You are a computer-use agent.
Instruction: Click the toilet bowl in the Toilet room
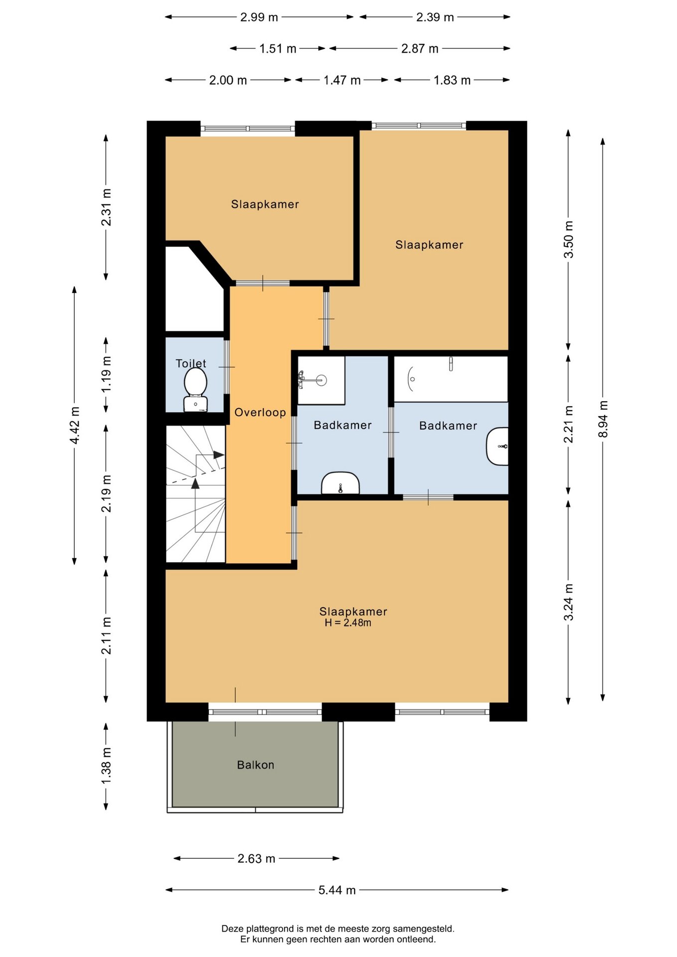[195, 391]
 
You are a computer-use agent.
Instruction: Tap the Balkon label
[256, 765]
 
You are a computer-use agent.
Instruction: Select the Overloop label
[260, 412]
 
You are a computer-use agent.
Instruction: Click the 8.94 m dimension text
[603, 419]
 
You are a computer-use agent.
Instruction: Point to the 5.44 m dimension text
[337, 890]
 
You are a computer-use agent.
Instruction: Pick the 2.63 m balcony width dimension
[256, 858]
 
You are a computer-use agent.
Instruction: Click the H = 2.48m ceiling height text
[348, 623]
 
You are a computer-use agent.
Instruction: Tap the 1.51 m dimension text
[278, 48]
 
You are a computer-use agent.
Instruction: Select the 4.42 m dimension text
[75, 425]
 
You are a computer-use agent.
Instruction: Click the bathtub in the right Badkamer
[451, 379]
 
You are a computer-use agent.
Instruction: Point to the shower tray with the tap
[321, 380]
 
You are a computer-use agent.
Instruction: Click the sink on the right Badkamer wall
[498, 446]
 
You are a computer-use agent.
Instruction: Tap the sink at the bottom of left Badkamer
[340, 483]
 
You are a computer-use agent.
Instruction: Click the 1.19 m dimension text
[106, 374]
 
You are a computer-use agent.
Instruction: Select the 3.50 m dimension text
[568, 239]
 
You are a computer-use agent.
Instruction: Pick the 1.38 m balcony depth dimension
[106, 766]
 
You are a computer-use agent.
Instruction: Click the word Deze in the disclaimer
[232, 929]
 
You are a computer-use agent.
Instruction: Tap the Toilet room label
[191, 363]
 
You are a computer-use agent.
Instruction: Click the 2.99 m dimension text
[259, 17]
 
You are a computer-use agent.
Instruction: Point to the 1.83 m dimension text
[452, 80]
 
